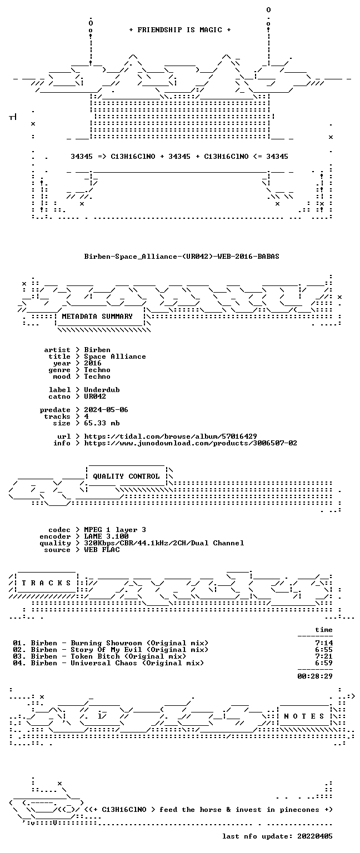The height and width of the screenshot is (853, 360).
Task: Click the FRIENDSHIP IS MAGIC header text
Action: coord(180,29)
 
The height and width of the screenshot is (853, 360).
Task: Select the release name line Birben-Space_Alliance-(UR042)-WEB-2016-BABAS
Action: coord(182,257)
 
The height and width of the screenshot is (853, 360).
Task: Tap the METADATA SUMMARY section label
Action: coord(97,317)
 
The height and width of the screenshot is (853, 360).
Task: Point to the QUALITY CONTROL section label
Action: coord(126,476)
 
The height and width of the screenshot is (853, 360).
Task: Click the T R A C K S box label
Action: coord(47,583)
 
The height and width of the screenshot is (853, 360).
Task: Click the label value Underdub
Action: coord(102,390)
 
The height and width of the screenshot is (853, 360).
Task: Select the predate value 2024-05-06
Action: coord(106,410)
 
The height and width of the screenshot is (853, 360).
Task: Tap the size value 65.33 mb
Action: coord(102,423)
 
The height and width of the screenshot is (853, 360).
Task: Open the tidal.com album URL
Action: coord(171,436)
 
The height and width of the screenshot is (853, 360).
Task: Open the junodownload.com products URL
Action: coord(191,443)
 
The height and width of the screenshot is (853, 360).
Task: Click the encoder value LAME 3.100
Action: coord(106,536)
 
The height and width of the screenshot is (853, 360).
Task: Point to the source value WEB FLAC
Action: coord(102,550)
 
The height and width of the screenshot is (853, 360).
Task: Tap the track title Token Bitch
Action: coord(95,656)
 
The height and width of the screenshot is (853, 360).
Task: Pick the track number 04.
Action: coord(18,663)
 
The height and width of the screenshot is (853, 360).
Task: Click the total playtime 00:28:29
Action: coord(315,676)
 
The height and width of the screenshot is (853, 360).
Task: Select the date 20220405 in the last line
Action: coord(314,836)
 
